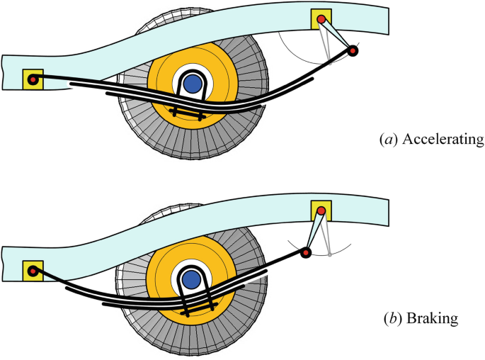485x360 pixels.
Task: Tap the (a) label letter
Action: click(x=390, y=139)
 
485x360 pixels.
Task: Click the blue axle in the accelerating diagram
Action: click(x=191, y=84)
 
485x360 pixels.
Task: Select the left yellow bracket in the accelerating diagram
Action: click(x=33, y=79)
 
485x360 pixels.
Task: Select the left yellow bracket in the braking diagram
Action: click(x=33, y=271)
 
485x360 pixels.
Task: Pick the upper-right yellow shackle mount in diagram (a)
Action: click(x=321, y=19)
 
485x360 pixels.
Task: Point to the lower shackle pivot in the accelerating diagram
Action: click(x=353, y=50)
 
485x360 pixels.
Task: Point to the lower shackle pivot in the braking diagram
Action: click(x=306, y=252)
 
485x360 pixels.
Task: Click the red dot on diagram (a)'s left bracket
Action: click(x=33, y=79)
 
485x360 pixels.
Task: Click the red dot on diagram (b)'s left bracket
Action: click(x=33, y=270)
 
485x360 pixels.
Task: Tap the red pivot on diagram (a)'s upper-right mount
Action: click(x=321, y=18)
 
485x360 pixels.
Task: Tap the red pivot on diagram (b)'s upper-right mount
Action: click(x=321, y=210)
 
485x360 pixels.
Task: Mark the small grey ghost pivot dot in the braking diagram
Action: click(x=331, y=254)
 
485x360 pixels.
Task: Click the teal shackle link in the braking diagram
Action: click(x=314, y=231)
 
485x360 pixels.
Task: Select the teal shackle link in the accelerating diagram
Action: click(x=337, y=35)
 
